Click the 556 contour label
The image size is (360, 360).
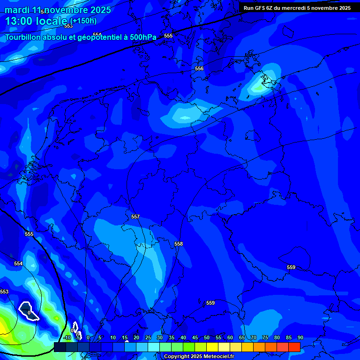[x=199, y=68]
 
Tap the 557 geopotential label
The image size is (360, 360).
[x=135, y=217]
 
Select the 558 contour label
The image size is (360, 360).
[x=178, y=244]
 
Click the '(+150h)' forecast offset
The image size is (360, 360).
[x=83, y=21]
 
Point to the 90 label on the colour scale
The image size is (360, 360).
[x=300, y=337]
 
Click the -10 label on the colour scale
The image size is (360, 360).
[x=67, y=337]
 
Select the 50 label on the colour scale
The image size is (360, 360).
[x=206, y=337]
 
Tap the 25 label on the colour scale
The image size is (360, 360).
[x=148, y=337]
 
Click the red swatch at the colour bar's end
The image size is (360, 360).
[x=294, y=347]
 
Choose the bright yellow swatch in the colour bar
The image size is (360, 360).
[x=212, y=347]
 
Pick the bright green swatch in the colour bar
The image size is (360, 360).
[x=188, y=347]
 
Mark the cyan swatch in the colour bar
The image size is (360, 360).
[x=153, y=347]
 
